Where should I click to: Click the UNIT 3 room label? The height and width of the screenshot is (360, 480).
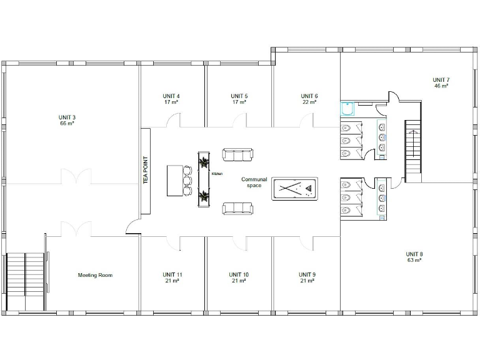[x=67, y=117]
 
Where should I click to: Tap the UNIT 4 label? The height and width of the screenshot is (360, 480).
[x=171, y=96]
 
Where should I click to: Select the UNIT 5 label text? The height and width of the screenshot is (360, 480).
[x=238, y=96]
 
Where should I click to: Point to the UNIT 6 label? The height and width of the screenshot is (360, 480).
[x=309, y=96]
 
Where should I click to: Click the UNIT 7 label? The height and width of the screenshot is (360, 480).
[x=441, y=79]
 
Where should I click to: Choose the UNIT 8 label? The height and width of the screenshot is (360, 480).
[x=414, y=254]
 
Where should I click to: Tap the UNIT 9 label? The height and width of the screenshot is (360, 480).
[x=306, y=274]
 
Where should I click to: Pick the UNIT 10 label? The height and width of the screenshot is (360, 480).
[x=239, y=274]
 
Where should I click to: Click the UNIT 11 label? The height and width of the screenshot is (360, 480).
[x=172, y=274]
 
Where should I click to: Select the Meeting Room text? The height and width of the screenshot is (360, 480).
[x=95, y=275]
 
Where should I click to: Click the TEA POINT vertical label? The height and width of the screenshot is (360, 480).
[x=145, y=171]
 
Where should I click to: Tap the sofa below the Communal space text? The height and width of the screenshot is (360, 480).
[x=238, y=208]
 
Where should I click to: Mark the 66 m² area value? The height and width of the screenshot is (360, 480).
[x=67, y=124]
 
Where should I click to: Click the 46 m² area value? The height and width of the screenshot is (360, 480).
[x=441, y=86]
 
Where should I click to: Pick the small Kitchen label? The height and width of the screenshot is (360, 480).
[x=217, y=173]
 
